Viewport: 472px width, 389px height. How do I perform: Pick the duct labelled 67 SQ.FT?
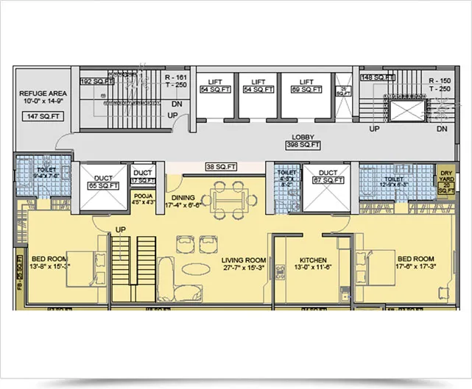click(327, 179)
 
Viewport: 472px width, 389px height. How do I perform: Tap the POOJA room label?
click(144, 198)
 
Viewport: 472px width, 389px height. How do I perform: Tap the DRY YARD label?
click(446, 174)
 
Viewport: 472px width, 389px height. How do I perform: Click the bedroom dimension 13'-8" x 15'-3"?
click(51, 268)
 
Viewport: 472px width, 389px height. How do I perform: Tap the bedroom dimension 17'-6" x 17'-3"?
click(416, 268)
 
